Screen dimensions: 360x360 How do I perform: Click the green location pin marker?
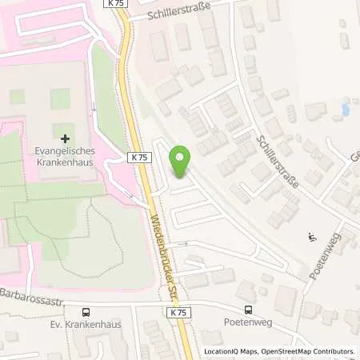182,162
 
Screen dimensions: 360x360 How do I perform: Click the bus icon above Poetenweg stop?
248,310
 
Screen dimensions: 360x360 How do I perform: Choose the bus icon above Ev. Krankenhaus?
85,312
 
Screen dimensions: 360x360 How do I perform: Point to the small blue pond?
345,110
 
